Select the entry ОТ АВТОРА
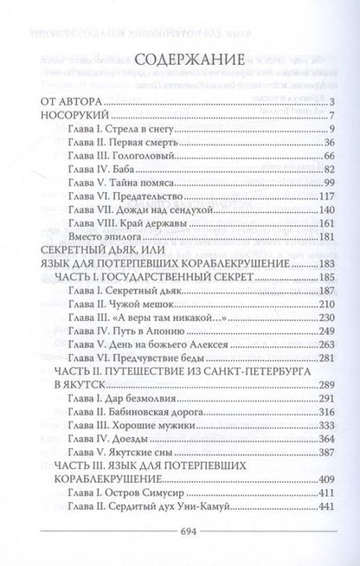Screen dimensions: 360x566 (68, 103)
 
